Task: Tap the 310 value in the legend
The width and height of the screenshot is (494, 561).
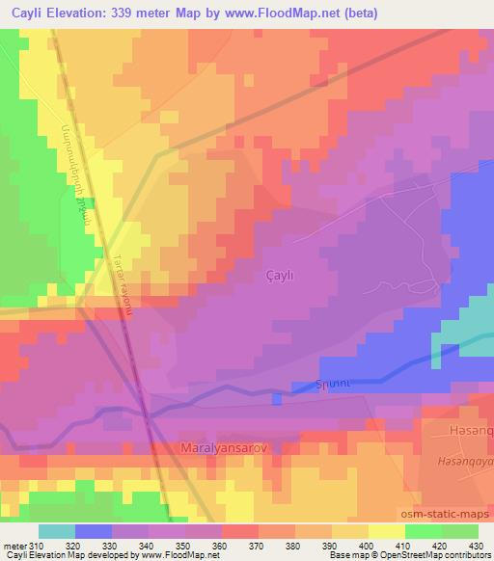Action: tap(37, 546)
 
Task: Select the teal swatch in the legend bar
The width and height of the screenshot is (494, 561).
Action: tap(57, 531)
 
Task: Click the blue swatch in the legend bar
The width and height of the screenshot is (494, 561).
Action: tap(94, 531)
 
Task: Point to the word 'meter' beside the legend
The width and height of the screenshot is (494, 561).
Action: tap(14, 546)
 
